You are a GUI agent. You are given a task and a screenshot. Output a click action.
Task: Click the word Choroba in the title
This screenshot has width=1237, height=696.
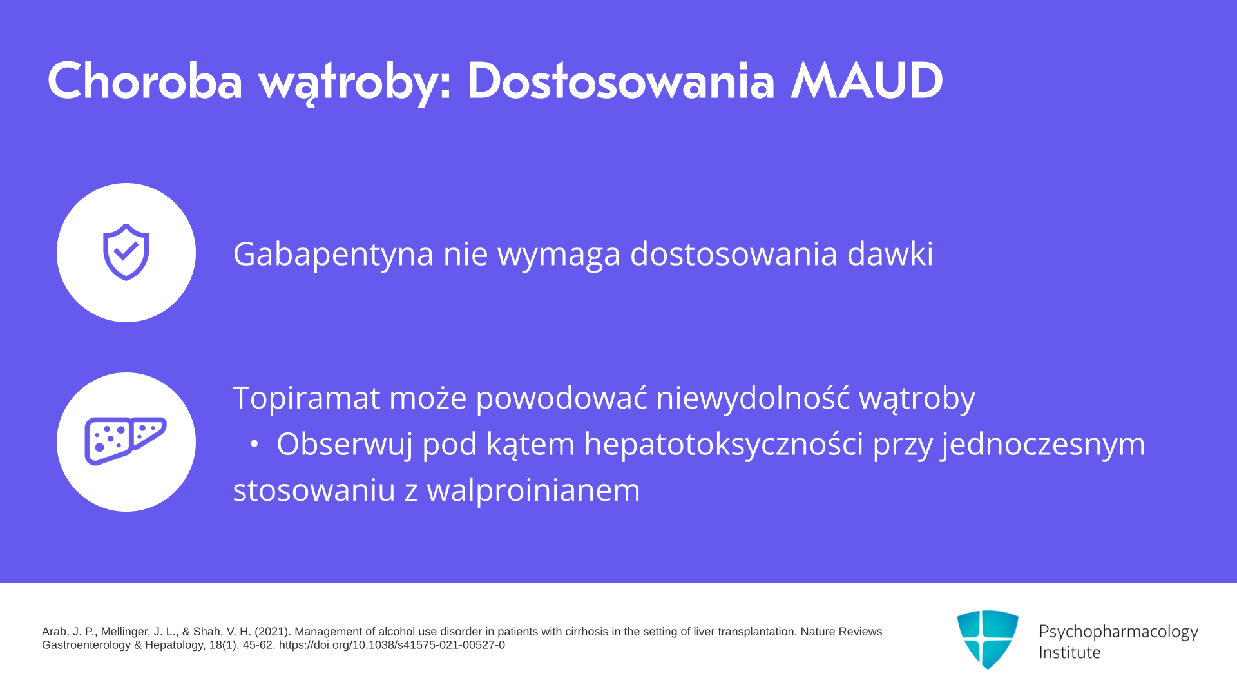pyautogui.click(x=145, y=81)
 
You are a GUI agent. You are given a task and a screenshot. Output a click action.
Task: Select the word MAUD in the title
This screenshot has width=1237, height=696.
pyautogui.click(x=867, y=81)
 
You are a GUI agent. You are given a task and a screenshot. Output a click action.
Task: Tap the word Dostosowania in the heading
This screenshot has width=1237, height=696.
pyautogui.click(x=620, y=81)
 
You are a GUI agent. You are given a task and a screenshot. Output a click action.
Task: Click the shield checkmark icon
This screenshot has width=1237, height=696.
pyautogui.click(x=126, y=252)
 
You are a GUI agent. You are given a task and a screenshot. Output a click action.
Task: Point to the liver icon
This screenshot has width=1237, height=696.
pyautogui.click(x=126, y=441)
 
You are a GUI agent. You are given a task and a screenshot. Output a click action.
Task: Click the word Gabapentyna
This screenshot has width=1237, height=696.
pyautogui.click(x=333, y=254)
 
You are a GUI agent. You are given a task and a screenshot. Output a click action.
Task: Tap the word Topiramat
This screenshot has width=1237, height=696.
pyautogui.click(x=306, y=398)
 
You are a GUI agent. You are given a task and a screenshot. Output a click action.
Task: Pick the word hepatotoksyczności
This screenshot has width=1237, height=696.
pyautogui.click(x=724, y=444)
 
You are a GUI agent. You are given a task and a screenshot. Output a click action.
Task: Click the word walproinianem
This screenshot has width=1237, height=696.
pyautogui.click(x=533, y=490)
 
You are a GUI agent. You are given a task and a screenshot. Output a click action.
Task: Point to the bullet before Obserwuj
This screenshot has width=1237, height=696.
pyautogui.click(x=254, y=444)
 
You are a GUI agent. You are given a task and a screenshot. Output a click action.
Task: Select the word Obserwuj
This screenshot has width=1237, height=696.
pyautogui.click(x=345, y=444)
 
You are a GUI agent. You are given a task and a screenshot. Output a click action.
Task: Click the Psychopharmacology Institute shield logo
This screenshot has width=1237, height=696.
pyautogui.click(x=988, y=639)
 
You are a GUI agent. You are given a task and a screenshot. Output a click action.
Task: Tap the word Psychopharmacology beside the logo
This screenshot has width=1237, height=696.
pyautogui.click(x=1118, y=632)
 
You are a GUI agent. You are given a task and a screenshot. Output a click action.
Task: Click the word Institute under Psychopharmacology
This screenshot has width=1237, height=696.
pyautogui.click(x=1069, y=652)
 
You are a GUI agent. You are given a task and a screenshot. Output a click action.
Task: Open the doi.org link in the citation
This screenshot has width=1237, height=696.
pyautogui.click(x=392, y=645)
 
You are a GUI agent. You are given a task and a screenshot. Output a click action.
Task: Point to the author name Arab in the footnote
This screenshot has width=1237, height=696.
pyautogui.click(x=55, y=632)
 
